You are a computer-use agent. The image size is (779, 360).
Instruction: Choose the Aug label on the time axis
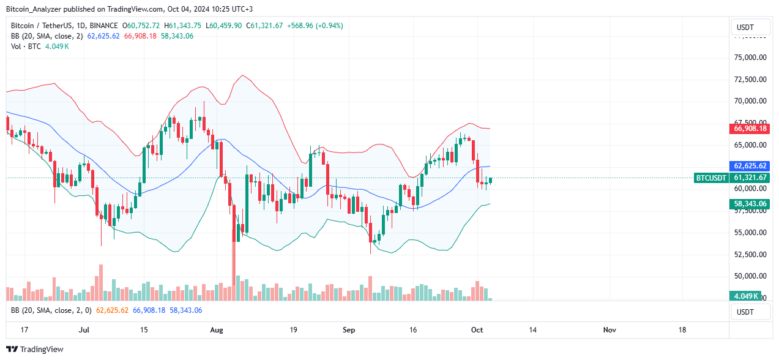(217, 330)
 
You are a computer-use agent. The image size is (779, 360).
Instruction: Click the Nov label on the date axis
(609, 330)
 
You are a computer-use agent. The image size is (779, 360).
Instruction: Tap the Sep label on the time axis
(349, 330)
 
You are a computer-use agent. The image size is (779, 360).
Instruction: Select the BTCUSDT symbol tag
(711, 178)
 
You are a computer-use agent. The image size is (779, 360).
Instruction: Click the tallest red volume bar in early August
(234, 288)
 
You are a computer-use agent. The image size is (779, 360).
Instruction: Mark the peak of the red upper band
(243, 75)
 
